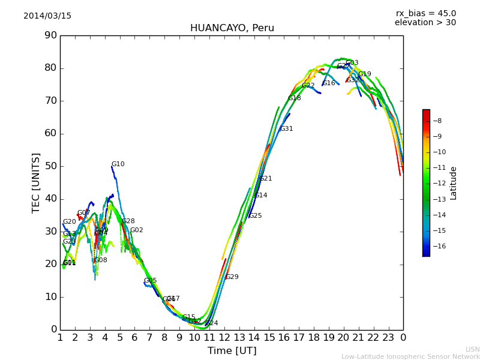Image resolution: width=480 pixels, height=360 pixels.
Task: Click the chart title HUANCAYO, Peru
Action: tap(232, 28)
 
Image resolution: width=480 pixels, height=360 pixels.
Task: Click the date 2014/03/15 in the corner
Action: tap(47, 16)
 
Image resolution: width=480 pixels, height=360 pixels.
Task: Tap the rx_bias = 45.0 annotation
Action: tap(425, 14)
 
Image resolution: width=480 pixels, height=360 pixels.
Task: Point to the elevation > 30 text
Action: tap(425, 23)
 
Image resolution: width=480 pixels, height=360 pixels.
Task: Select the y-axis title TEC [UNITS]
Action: tap(36, 182)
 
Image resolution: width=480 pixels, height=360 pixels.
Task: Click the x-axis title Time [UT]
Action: tap(232, 351)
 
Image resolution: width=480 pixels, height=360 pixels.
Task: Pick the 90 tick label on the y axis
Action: tap(50, 35)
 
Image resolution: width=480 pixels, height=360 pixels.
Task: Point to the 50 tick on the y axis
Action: tap(50, 166)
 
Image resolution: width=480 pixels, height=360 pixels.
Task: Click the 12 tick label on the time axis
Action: tap(224, 337)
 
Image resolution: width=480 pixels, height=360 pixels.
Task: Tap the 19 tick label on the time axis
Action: tap(328, 337)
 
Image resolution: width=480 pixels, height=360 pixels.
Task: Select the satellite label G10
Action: tap(118, 164)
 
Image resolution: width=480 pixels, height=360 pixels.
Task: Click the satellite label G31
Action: tap(286, 129)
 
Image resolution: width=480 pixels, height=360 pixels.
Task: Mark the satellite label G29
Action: tap(232, 277)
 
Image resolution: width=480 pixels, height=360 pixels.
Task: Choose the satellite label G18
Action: tap(294, 98)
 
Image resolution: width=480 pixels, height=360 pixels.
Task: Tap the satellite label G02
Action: tap(137, 230)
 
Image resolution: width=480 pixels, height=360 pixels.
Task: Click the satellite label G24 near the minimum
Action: tap(211, 323)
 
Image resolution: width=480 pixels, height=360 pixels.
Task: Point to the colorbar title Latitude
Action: tap(454, 183)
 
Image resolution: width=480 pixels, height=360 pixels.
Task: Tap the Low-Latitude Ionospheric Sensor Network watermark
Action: tap(410, 357)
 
